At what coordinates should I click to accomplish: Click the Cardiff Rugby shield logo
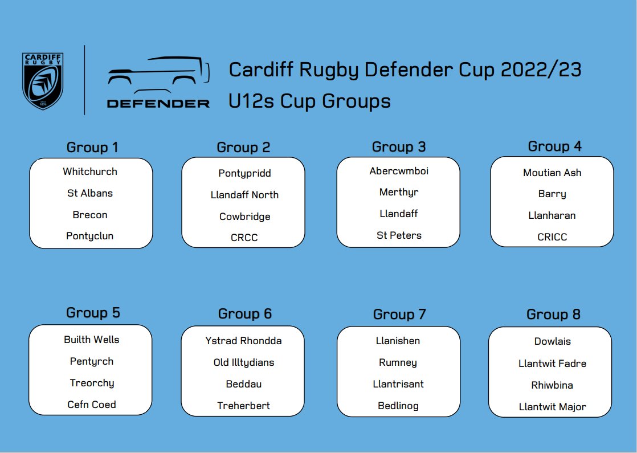pyautogui.click(x=42, y=80)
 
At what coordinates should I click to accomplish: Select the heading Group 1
pyautogui.click(x=92, y=148)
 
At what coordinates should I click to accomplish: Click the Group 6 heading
pyautogui.click(x=244, y=314)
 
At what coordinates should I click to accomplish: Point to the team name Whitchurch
pyautogui.click(x=90, y=172)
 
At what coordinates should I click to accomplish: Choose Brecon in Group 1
pyautogui.click(x=90, y=215)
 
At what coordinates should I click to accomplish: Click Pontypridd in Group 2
pyautogui.click(x=244, y=173)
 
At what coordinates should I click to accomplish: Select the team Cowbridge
pyautogui.click(x=244, y=217)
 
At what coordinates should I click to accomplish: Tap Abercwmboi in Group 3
pyautogui.click(x=399, y=171)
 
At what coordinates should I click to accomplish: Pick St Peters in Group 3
pyautogui.click(x=399, y=235)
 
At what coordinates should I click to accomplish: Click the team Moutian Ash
pyautogui.click(x=552, y=173)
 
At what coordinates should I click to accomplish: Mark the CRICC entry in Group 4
pyautogui.click(x=552, y=237)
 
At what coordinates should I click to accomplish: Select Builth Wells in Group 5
pyautogui.click(x=92, y=340)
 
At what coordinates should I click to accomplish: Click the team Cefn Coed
pyautogui.click(x=92, y=405)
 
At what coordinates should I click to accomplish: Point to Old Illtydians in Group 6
pyautogui.click(x=243, y=362)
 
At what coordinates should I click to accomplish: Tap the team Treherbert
pyautogui.click(x=243, y=406)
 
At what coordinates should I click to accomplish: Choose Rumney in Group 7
pyautogui.click(x=398, y=362)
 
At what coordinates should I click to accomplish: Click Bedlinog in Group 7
pyautogui.click(x=398, y=406)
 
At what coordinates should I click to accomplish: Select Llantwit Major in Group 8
pyautogui.click(x=552, y=407)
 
